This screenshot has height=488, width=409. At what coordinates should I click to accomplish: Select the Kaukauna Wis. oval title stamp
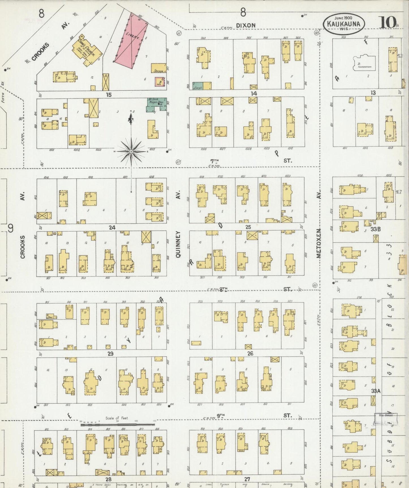[343, 24]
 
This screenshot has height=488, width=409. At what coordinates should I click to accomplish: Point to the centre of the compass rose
[131, 152]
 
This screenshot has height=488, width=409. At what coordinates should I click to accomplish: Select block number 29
[110, 354]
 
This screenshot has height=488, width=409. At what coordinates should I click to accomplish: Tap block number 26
[250, 354]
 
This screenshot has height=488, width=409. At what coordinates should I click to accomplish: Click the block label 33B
[375, 229]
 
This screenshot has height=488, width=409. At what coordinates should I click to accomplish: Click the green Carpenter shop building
[198, 86]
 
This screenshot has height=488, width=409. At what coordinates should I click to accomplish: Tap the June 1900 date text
[343, 18]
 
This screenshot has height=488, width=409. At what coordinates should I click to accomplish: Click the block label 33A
[375, 391]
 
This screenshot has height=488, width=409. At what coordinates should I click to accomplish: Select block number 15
[109, 95]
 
